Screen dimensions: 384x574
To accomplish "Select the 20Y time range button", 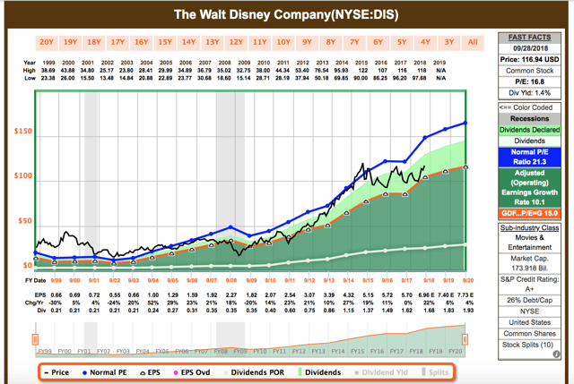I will coord(46,41).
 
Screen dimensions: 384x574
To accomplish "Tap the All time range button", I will coord(473,41).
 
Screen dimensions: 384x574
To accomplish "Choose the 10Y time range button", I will coord(283,41).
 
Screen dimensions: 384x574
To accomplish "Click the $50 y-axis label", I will coord(22,220).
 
